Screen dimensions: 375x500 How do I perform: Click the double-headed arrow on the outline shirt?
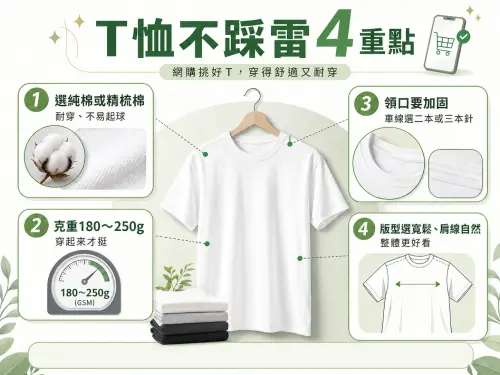[417, 285]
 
